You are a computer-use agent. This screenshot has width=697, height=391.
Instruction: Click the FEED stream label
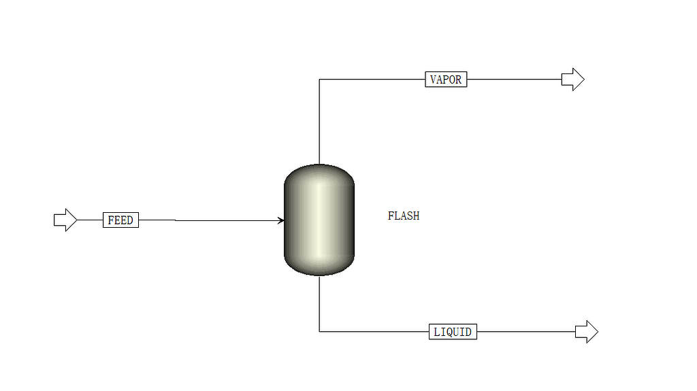coord(120,220)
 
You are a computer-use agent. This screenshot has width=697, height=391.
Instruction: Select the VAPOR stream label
coord(446,80)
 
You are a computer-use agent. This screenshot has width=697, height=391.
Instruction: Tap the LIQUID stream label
coord(453,332)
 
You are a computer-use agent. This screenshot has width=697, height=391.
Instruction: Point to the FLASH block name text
coord(404,216)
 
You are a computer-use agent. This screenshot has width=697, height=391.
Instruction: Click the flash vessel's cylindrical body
coord(319,220)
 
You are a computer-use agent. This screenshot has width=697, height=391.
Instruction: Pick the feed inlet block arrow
coord(65,220)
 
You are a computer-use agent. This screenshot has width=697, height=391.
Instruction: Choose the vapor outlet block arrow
coord(572,80)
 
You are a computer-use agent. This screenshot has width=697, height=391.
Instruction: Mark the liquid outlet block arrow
coord(586,332)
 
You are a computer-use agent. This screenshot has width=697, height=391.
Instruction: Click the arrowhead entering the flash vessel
coord(280,220)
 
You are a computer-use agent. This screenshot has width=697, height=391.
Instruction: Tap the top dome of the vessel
coord(319,173)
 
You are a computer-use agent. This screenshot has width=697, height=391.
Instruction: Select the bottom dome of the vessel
coord(319,268)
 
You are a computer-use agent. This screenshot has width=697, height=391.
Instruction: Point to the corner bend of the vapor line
coord(320,80)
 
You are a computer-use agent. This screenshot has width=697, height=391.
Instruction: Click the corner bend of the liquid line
coord(320,332)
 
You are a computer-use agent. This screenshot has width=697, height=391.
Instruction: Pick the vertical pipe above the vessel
coord(320,122)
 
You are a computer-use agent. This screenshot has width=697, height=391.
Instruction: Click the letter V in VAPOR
coord(434,80)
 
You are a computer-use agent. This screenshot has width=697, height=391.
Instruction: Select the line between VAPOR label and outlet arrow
coord(514,80)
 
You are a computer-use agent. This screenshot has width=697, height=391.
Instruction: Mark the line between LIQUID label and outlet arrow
coord(525,332)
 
